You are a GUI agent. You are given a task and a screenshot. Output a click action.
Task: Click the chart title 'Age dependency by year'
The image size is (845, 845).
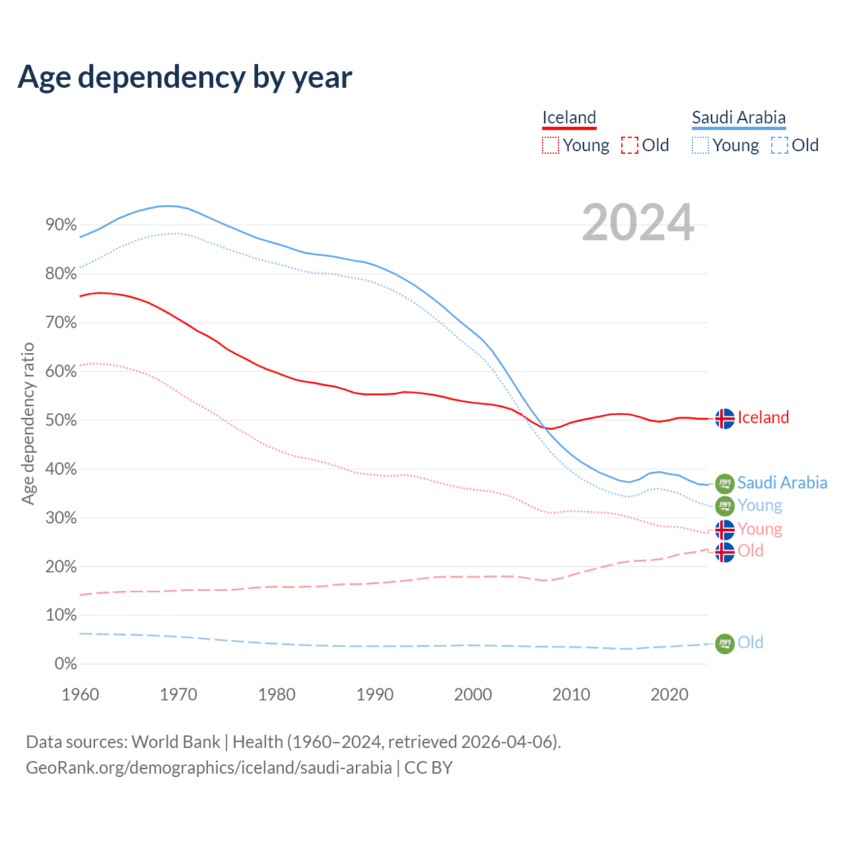coord(185,77)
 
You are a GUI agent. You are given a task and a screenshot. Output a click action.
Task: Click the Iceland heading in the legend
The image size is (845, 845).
coord(569,118)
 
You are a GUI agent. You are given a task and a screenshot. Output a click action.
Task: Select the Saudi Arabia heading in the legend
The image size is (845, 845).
coord(739,118)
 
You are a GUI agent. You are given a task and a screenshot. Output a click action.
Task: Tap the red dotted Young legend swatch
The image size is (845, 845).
coord(550,145)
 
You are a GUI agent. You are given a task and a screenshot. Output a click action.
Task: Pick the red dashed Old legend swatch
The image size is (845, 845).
coord(630,145)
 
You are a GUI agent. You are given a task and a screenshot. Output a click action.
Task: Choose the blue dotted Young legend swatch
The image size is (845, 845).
coord(700,145)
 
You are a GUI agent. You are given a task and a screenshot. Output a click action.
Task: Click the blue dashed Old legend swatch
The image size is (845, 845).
coord(780,145)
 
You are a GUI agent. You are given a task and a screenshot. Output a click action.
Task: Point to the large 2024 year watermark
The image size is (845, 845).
coord(638,222)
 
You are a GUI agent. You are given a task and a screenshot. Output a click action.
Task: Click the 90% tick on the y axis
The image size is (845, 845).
coord(61,225)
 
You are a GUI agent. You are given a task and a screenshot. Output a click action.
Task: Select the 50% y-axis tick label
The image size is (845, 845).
coord(61,421)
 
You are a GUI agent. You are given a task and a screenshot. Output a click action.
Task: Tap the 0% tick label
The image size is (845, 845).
coord(65,664)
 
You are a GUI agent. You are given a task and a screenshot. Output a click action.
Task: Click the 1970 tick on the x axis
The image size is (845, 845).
coord(178,694)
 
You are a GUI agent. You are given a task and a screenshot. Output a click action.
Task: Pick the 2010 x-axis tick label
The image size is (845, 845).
coord(571,694)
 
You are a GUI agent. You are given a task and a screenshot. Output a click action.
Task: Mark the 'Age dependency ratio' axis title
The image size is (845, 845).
coord(28,423)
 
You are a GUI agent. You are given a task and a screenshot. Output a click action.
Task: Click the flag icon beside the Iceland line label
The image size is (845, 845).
coord(725,419)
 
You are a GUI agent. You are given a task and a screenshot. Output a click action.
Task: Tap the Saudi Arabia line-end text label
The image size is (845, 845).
coord(782,483)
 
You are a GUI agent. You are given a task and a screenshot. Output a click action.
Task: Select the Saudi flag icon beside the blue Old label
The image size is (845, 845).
coord(725,644)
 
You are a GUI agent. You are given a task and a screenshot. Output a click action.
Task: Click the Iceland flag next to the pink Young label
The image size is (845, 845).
coord(725,529)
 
